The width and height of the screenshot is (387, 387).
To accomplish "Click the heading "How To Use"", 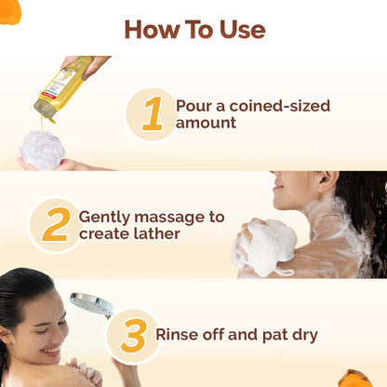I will (x=193, y=29).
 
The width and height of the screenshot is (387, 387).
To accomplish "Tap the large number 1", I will (x=152, y=114).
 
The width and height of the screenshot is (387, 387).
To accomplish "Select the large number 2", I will (x=55, y=224).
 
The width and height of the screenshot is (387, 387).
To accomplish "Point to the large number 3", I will (x=133, y=335).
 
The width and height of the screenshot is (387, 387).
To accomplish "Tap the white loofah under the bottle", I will (x=42, y=149).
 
